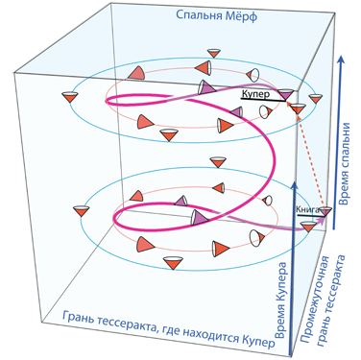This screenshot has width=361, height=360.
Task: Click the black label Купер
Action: point(255,94)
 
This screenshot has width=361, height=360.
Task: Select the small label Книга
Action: point(307,209)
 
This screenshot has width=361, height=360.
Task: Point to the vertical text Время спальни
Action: point(344,163)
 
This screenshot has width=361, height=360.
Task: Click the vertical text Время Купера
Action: point(280,300)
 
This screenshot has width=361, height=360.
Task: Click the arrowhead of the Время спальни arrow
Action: point(341,60)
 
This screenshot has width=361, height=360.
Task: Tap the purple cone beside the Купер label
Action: point(285,94)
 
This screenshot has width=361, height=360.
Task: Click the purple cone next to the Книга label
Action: point(326,211)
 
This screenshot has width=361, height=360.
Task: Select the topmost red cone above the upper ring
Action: point(213,53)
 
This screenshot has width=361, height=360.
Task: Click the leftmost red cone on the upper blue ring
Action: point(70,97)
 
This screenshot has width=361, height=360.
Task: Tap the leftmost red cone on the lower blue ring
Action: point(81,211)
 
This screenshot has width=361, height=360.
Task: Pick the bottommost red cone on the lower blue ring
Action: point(173,263)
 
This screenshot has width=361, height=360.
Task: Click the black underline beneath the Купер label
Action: point(263,100)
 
